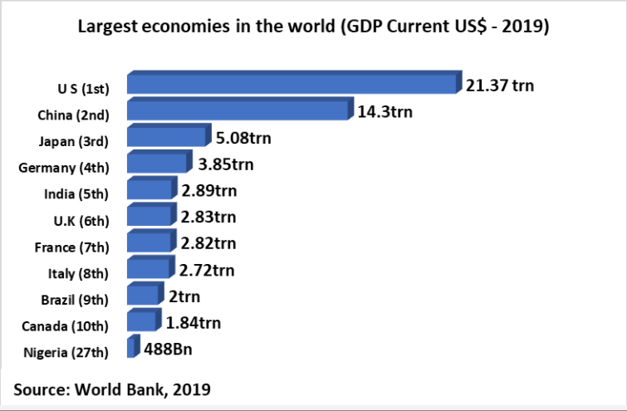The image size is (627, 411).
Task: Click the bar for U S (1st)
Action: click(292, 84)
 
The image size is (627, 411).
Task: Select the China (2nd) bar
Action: click(240, 110)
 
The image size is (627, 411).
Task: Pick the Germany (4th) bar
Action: click(154, 164)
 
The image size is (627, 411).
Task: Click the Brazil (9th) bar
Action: click(145, 295)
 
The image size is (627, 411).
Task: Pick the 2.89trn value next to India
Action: click(208, 190)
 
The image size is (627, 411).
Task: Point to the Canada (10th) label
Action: click(74, 326)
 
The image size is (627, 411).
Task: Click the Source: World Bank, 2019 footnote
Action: click(112, 388)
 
